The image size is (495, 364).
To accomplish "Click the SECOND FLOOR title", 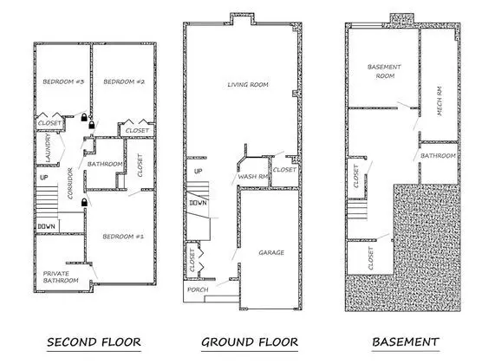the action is [x=94, y=342].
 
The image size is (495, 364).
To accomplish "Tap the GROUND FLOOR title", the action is [x=250, y=342].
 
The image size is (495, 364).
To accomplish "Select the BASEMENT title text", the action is [x=406, y=342].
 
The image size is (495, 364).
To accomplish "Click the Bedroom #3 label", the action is [x=63, y=81].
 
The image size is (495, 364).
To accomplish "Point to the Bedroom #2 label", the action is [x=124, y=81].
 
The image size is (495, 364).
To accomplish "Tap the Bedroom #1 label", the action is [x=123, y=237].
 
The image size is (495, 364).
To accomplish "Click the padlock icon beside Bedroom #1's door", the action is [x=84, y=202].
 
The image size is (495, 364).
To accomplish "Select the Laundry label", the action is [x=48, y=147].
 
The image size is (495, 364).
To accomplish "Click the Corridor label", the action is [x=70, y=184].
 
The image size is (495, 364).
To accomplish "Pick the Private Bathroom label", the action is [x=61, y=277].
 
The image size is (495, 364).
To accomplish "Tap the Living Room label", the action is [x=248, y=85].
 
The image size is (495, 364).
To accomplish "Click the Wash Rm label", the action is [x=253, y=177].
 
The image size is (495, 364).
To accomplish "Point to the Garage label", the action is [x=271, y=252].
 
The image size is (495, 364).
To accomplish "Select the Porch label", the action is [x=198, y=289].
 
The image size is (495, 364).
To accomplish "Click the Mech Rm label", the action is [x=440, y=101].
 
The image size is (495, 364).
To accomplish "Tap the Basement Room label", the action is [x=385, y=71].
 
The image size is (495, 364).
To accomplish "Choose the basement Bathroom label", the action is [x=438, y=156].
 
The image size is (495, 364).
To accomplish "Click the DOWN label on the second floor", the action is [x=47, y=226].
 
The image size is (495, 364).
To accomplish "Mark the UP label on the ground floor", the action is [x=198, y=172].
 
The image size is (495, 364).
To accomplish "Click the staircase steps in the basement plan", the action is [x=357, y=210].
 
